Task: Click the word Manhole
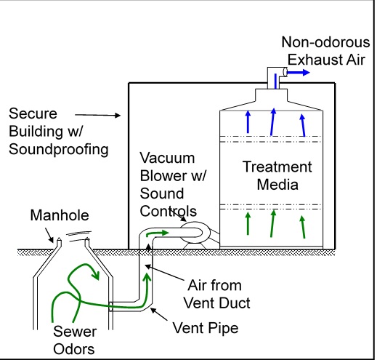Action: click(x=60, y=215)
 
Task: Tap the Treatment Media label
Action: click(x=277, y=175)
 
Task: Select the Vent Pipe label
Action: click(x=206, y=328)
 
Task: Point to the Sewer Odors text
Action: click(x=75, y=340)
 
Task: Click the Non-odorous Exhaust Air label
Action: click(x=326, y=51)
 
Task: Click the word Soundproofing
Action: click(x=59, y=149)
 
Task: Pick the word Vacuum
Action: click(x=167, y=158)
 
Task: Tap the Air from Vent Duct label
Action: click(x=216, y=294)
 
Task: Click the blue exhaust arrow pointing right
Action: click(x=299, y=72)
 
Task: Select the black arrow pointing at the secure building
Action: click(x=98, y=115)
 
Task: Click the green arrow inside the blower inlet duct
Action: click(x=157, y=233)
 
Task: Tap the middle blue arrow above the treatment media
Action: click(x=272, y=121)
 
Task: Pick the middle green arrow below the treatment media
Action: click(x=272, y=223)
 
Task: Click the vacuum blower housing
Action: click(x=195, y=233)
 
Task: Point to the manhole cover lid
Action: click(x=79, y=236)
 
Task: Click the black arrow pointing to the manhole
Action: click(x=49, y=235)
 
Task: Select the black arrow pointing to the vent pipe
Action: click(x=159, y=314)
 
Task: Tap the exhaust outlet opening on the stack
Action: click(x=285, y=72)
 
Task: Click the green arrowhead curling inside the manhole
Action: click(x=96, y=275)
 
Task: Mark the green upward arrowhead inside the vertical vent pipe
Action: click(x=147, y=277)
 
